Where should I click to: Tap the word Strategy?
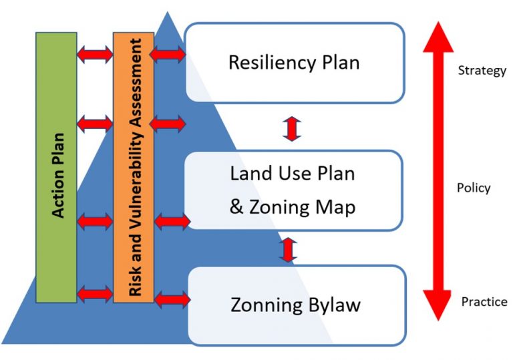[x=482, y=70]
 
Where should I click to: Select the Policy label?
[x=474, y=188]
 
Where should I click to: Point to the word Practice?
[x=484, y=302]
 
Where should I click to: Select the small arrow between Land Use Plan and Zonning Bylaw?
[x=288, y=248]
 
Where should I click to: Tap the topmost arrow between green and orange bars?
[x=95, y=53]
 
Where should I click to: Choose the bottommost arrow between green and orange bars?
[x=95, y=293]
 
